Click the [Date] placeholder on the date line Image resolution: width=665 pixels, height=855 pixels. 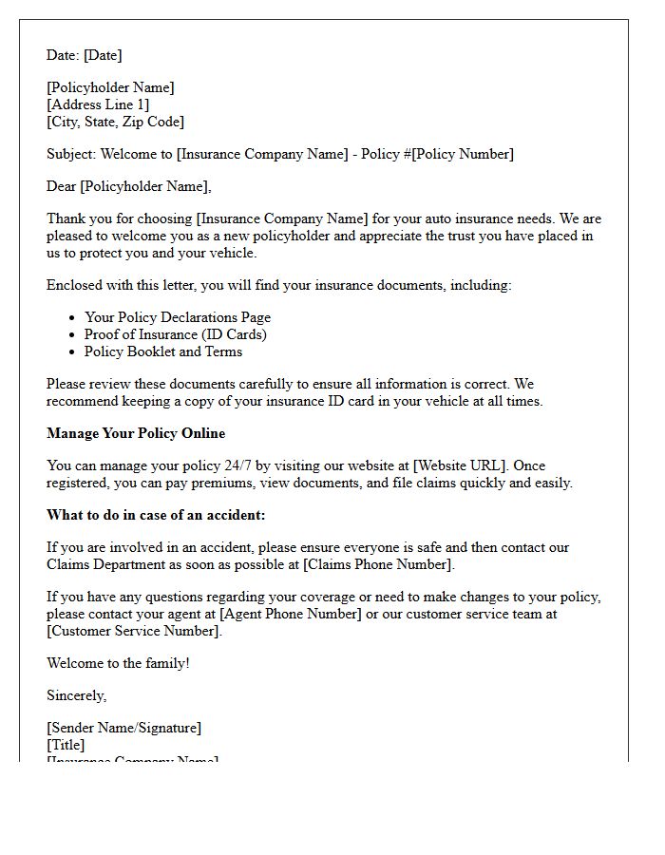click(x=103, y=55)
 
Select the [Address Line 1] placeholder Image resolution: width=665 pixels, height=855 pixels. click(x=98, y=104)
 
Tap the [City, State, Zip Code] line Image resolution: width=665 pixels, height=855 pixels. click(x=115, y=122)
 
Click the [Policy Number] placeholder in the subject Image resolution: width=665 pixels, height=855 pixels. click(x=463, y=154)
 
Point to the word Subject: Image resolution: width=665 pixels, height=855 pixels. click(x=71, y=154)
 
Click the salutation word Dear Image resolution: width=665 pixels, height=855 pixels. click(x=62, y=186)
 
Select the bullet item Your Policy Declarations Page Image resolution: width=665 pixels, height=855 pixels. click(x=178, y=317)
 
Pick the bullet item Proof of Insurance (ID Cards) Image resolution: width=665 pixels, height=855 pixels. click(x=176, y=334)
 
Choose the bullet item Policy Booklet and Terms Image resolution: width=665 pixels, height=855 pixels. click(x=163, y=351)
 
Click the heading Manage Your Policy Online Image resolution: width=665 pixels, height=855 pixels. click(x=136, y=433)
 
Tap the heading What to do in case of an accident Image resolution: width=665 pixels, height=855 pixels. click(x=156, y=515)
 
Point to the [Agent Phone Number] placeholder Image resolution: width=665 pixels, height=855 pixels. click(x=291, y=614)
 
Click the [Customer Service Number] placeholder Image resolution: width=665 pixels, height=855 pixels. click(x=134, y=631)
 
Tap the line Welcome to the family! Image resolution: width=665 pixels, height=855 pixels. click(x=118, y=663)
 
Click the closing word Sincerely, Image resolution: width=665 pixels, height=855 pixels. click(x=77, y=695)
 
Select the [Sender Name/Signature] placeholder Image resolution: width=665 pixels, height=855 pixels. click(x=123, y=728)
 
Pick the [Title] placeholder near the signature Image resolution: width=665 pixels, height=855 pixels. click(x=66, y=745)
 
